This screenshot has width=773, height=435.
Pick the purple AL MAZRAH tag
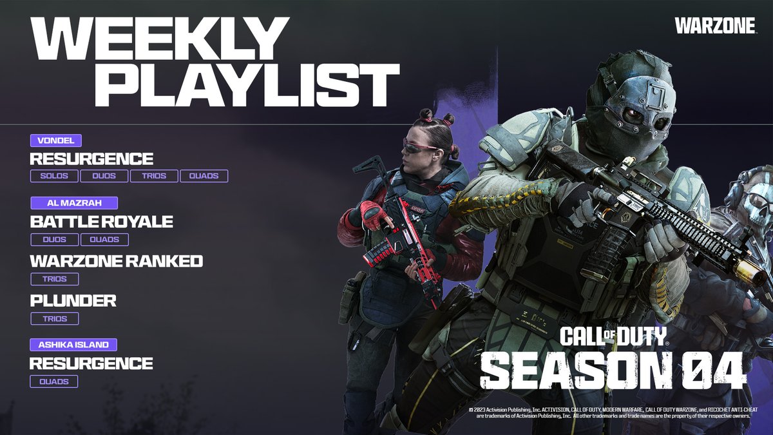coord(74,203)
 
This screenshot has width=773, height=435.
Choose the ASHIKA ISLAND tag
coord(74,345)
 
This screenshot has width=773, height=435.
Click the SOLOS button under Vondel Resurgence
coord(54,176)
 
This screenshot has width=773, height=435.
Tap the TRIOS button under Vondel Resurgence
coord(153,176)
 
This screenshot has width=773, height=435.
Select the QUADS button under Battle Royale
coord(104,240)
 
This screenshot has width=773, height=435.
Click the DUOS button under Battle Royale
coord(54,240)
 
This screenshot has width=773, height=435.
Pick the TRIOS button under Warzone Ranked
coord(54,279)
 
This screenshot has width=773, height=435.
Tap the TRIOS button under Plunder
coord(54,318)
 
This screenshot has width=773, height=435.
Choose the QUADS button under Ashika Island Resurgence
coord(54,382)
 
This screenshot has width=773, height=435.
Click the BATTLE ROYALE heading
coord(101,222)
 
